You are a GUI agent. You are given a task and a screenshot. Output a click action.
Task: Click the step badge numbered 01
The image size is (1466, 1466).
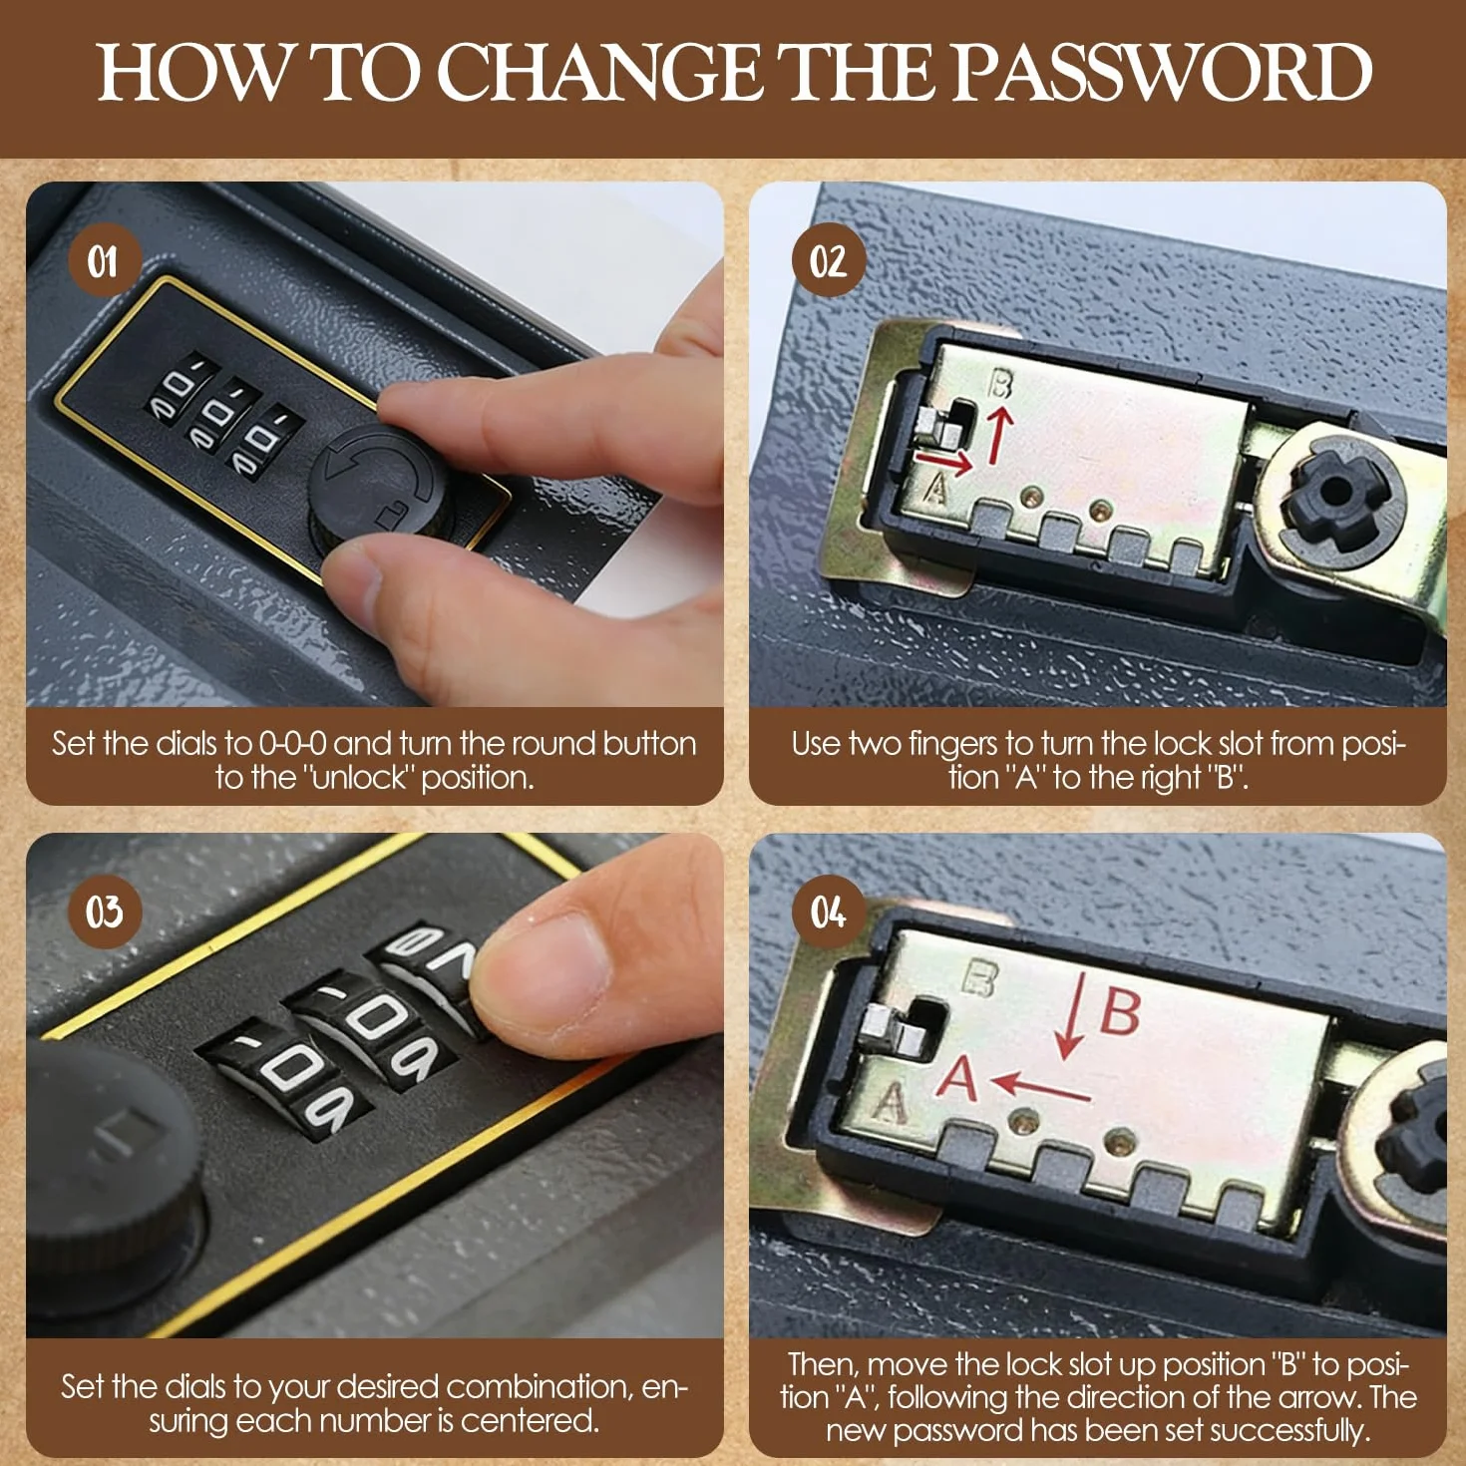click(105, 261)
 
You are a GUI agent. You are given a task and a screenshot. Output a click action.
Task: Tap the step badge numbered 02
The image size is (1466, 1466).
click(829, 261)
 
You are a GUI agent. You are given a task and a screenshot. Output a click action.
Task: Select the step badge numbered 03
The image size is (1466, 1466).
click(105, 911)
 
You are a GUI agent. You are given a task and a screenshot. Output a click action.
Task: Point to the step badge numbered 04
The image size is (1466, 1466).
click(829, 911)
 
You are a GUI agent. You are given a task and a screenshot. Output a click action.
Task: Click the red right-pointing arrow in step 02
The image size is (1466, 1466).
click(944, 461)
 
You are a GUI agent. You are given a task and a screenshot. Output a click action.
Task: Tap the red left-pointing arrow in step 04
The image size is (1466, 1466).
click(1041, 1087)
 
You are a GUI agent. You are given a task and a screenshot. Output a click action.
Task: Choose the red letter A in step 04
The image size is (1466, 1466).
click(957, 1078)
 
